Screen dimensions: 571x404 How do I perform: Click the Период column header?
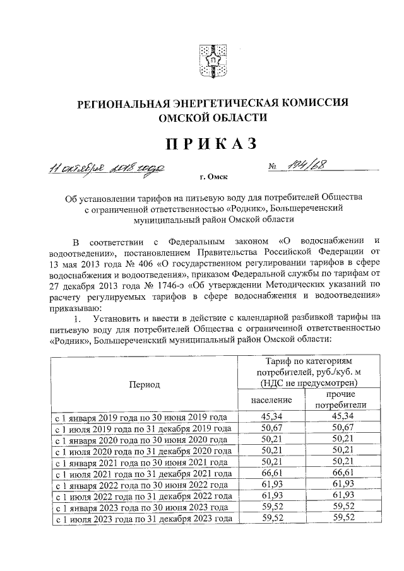click(x=145, y=384)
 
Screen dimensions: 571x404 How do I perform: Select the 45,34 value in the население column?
click(x=271, y=416)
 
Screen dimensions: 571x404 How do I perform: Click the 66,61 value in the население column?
click(x=271, y=473)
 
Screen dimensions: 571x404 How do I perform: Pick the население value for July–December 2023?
click(x=271, y=518)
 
